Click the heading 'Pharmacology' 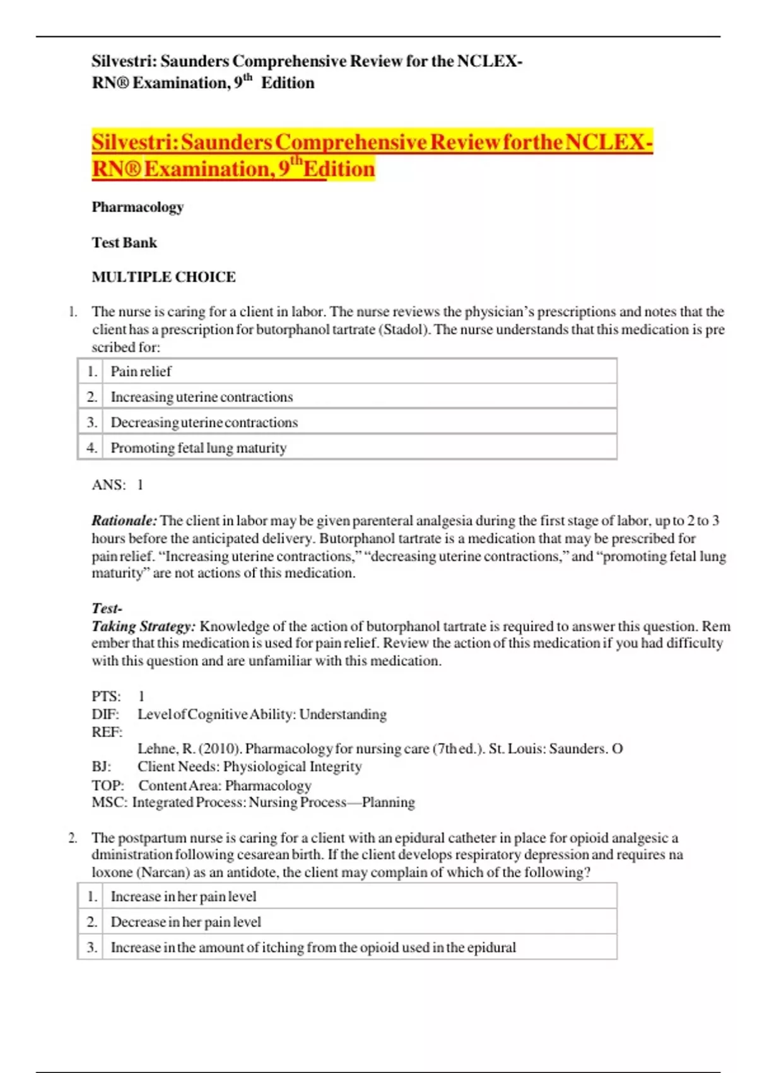(x=138, y=207)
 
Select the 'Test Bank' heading (x=124, y=242)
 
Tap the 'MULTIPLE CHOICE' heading (x=163, y=277)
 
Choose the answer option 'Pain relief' (x=141, y=371)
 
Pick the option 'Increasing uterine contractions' (x=201, y=397)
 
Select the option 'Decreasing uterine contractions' (x=204, y=422)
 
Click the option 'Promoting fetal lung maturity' (x=198, y=448)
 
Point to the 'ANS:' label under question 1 (x=109, y=485)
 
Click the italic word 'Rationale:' (x=124, y=521)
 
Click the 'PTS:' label (x=106, y=696)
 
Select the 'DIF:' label (x=105, y=714)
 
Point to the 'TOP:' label (x=107, y=785)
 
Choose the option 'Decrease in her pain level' (x=185, y=922)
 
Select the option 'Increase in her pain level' (x=183, y=896)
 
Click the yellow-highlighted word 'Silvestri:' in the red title (x=134, y=142)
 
